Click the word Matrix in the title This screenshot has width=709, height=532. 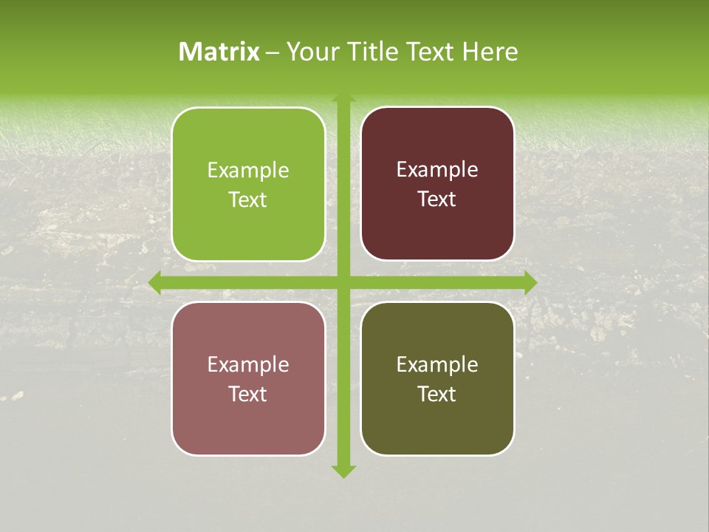point(219,52)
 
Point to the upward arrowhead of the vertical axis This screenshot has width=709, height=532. point(343,98)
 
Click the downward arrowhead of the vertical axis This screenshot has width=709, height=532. point(343,471)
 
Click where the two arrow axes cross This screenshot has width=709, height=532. point(343,282)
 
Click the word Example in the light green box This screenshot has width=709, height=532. point(248,171)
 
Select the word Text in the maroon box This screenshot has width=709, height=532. point(437,199)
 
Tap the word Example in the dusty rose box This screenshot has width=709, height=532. point(248,365)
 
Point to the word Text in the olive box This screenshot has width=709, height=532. point(437,394)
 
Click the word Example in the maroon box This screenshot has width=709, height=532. point(437,170)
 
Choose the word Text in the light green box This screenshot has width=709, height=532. point(248,200)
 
